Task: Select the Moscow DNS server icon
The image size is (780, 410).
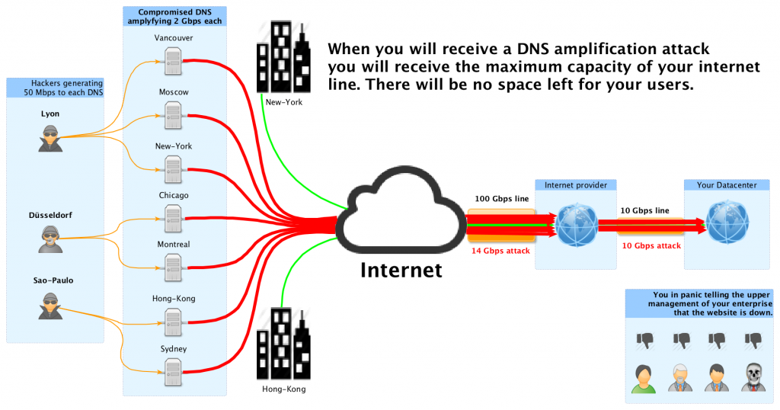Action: [x=174, y=111]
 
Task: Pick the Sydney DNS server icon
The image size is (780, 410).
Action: [x=174, y=370]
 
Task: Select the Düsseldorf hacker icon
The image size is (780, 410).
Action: [x=50, y=239]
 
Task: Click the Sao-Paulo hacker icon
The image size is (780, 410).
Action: [x=50, y=306]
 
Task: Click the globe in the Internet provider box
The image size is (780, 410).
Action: [x=575, y=223]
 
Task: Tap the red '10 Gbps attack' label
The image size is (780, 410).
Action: [x=652, y=245]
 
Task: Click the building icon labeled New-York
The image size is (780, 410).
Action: [x=283, y=59]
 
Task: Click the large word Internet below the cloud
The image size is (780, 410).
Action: [x=401, y=270]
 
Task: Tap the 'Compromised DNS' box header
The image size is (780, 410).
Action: [x=175, y=16]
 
